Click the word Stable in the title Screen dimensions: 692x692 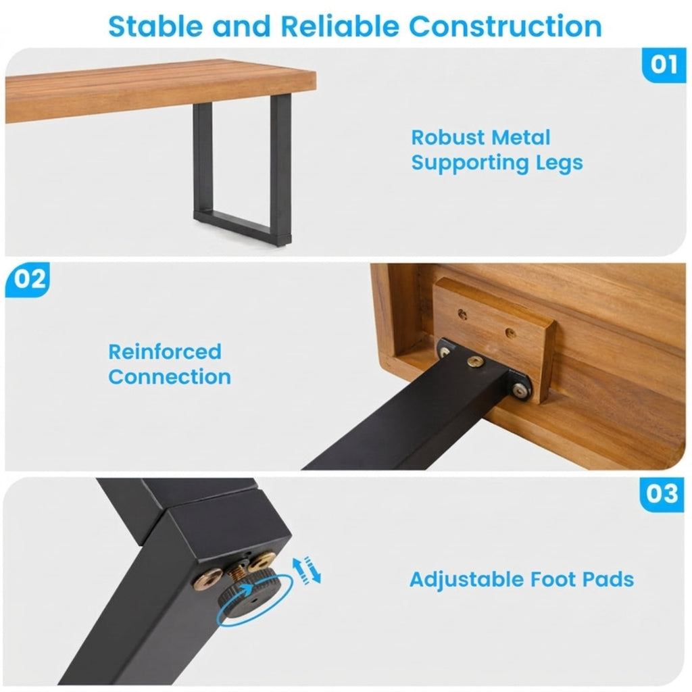157,26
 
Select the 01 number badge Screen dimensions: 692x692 664,65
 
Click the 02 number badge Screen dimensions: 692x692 27,279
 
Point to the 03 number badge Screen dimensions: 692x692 662,494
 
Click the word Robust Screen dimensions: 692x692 448,138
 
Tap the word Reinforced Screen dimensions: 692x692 165,351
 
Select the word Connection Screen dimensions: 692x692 170,377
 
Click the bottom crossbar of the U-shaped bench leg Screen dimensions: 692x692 242,225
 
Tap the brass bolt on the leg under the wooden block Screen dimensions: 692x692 475,362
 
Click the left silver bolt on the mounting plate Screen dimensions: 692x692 445,351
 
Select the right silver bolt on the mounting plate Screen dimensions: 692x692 520,390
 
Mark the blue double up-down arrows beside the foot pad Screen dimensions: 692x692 307,570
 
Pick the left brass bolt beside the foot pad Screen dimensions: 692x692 207,578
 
